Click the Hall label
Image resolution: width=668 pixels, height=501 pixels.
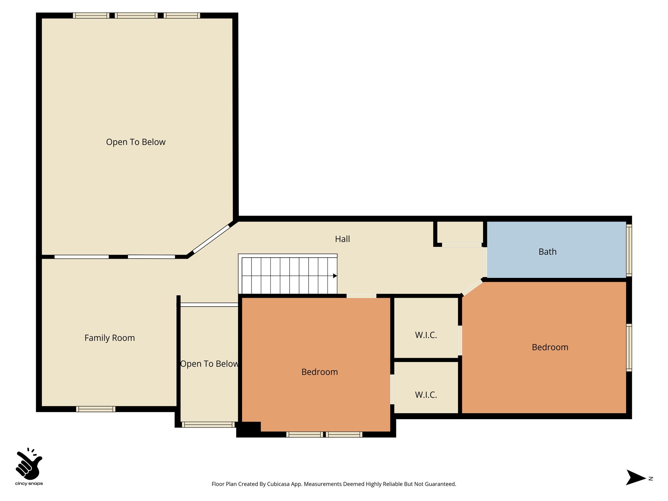pos(342,239)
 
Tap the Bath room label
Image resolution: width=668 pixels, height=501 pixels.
pos(547,252)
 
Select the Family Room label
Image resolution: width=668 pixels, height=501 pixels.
pos(110,338)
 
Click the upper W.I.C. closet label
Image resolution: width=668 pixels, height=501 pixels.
pos(426,335)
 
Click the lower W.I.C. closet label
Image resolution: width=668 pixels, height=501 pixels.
pos(426,395)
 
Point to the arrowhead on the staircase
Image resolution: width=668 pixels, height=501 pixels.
pos(335,276)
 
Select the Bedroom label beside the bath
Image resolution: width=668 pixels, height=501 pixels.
pos(550,347)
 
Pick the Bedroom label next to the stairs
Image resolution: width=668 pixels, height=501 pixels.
pos(319,372)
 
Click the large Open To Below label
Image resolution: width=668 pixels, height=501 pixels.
pos(136,142)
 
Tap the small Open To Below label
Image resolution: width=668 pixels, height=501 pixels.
pos(209,364)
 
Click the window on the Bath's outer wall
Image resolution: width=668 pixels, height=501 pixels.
pos(629,250)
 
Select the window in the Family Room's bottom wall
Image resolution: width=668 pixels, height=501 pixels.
pos(96,409)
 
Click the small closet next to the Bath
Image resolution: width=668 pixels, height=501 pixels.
pos(460,232)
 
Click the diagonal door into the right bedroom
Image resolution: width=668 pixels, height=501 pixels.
pos(472,287)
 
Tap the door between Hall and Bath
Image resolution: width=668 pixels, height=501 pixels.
pos(485,262)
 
